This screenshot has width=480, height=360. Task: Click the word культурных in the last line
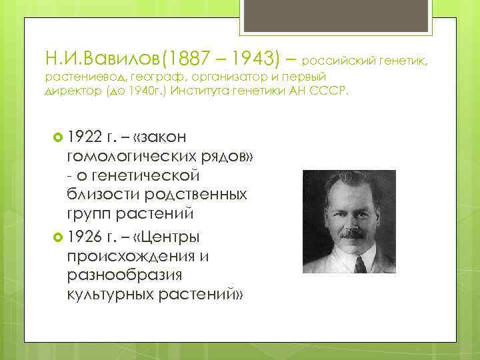(107, 295)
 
